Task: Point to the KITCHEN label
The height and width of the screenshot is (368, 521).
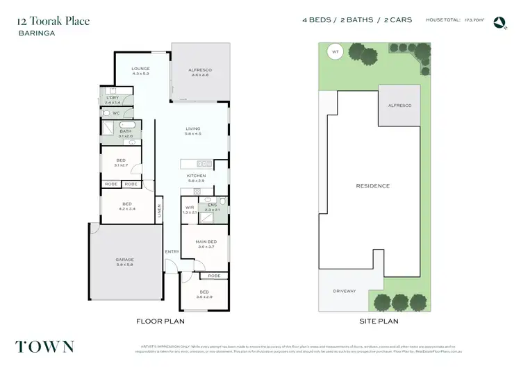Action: pos(197,176)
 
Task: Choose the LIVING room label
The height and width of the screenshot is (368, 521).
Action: pos(192,128)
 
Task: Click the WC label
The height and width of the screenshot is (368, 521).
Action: pos(116,112)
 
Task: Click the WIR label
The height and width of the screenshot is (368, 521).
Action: pos(189,207)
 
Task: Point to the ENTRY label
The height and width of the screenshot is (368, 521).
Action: pos(172,251)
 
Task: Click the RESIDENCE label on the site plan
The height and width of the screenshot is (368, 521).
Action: pos(372,186)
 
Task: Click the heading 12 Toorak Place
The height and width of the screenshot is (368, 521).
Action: pos(53,21)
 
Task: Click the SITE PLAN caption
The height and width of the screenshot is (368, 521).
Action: pos(378,322)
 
